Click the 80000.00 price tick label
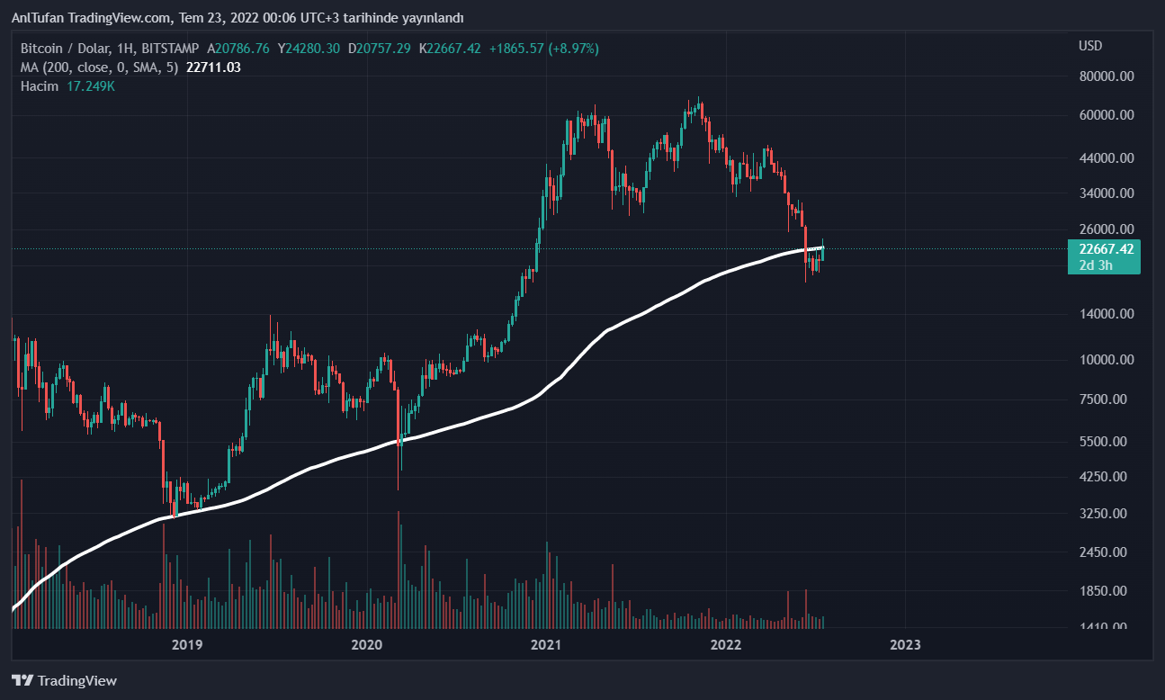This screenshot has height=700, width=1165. pyautogui.click(x=1106, y=76)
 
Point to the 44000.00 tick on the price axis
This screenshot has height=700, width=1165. pyautogui.click(x=1106, y=158)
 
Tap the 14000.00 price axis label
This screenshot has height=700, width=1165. pyautogui.click(x=1106, y=314)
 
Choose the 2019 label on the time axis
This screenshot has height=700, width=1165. pyautogui.click(x=186, y=644)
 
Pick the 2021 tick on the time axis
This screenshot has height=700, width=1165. pyautogui.click(x=546, y=644)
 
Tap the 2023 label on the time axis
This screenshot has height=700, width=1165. pyautogui.click(x=905, y=644)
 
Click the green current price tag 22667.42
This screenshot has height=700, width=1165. pyautogui.click(x=1104, y=248)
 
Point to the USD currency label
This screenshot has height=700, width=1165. pyautogui.click(x=1090, y=46)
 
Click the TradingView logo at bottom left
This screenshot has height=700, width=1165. pyautogui.click(x=64, y=680)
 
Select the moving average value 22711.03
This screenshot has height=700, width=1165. pyautogui.click(x=213, y=67)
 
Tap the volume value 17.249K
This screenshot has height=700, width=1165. pyautogui.click(x=91, y=86)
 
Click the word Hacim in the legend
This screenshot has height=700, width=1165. pyautogui.click(x=40, y=86)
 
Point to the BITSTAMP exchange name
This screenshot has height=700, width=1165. pyautogui.click(x=168, y=48)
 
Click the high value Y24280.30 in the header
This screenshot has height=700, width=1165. pyautogui.click(x=309, y=48)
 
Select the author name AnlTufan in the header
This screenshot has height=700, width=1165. pyautogui.click(x=37, y=18)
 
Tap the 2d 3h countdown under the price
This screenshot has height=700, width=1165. pyautogui.click(x=1096, y=265)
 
